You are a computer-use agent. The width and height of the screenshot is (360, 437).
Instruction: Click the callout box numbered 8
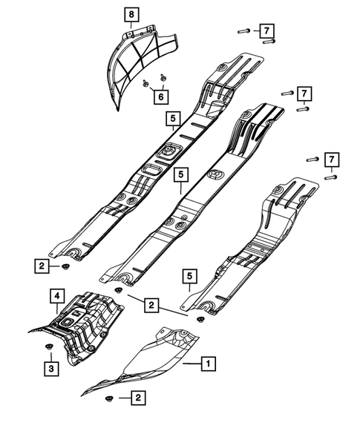(x=131, y=14)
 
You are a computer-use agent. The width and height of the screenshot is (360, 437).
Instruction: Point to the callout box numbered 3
(x=51, y=367)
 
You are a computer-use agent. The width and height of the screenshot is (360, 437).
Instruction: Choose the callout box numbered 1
(x=210, y=364)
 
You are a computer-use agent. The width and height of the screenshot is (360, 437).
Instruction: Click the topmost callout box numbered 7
(x=265, y=30)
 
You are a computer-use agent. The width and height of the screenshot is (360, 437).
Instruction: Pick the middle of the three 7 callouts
(x=304, y=93)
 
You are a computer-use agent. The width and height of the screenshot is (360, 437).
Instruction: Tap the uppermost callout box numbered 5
(x=172, y=119)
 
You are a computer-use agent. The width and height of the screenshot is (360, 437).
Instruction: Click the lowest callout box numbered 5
(x=191, y=277)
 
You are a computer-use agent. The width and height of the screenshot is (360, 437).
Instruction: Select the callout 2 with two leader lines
(x=151, y=304)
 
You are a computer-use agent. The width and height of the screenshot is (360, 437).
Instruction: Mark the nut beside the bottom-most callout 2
(x=110, y=400)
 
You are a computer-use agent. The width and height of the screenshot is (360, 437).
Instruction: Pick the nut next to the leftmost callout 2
(x=67, y=266)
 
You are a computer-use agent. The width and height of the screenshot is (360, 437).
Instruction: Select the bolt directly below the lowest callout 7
(x=333, y=176)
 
